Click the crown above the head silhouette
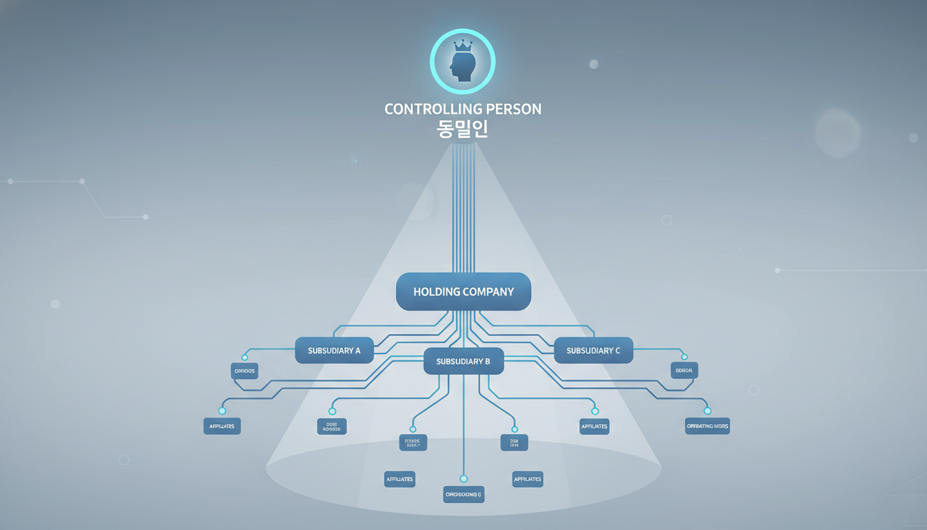(463, 46)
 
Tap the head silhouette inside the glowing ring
(461, 67)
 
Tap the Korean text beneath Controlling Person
(463, 130)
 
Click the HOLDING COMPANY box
(464, 291)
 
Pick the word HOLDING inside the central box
(437, 292)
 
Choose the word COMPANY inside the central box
(488, 292)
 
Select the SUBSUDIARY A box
(334, 351)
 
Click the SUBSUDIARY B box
(464, 361)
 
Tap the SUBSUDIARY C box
(593, 351)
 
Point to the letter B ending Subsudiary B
(488, 362)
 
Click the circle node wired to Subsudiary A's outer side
(244, 357)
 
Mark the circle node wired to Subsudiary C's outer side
(684, 357)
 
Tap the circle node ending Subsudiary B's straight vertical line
(464, 478)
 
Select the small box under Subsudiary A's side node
(244, 371)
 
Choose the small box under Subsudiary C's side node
(684, 371)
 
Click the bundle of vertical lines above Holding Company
(464, 207)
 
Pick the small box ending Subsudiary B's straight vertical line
(464, 494)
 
